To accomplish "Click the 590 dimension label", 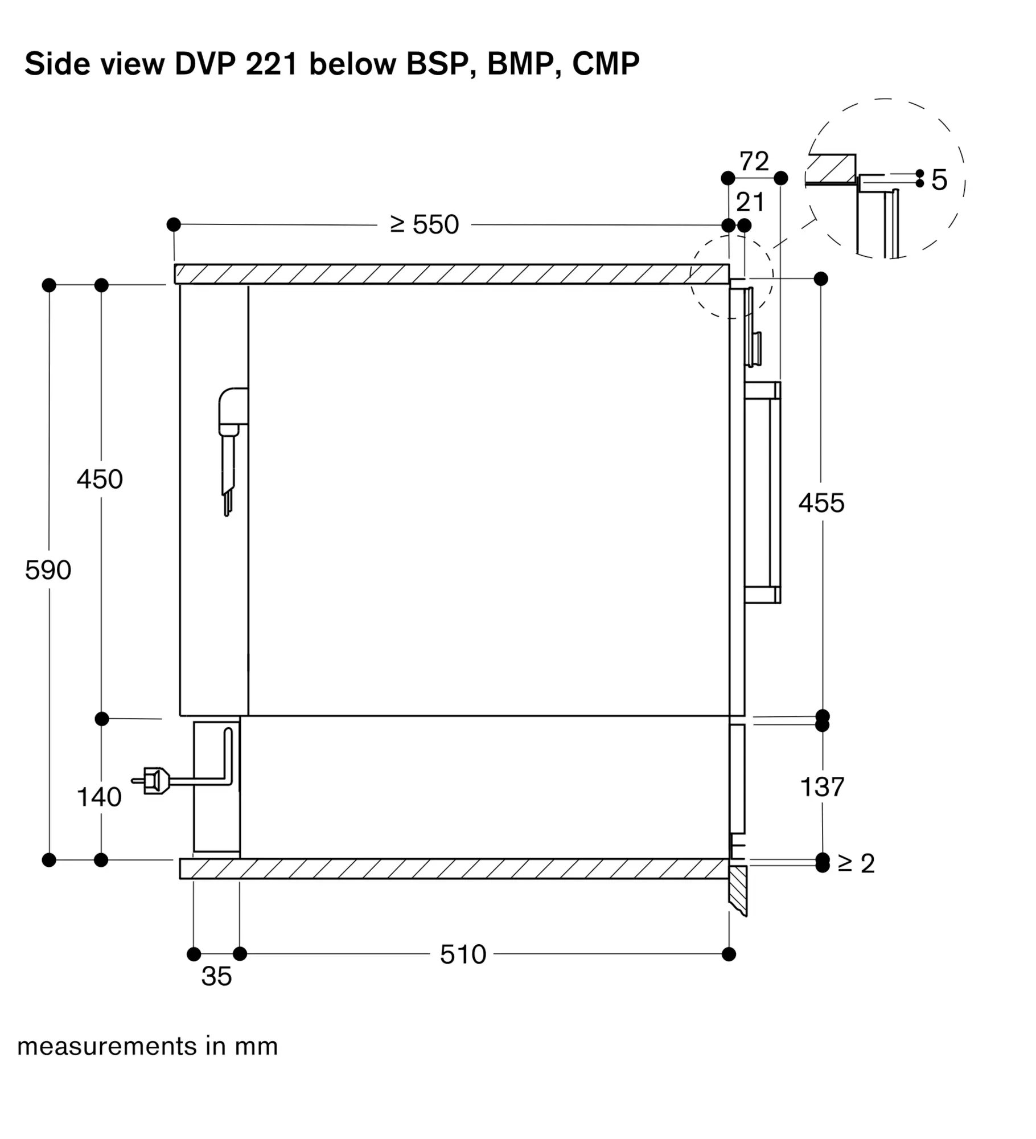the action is (x=48, y=570).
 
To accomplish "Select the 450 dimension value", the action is (x=100, y=480).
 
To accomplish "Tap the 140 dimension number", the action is (x=99, y=797).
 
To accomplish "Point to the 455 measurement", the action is (x=821, y=503).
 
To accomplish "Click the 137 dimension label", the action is (x=823, y=787).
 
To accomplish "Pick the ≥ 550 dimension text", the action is (x=425, y=224).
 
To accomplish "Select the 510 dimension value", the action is (x=463, y=954).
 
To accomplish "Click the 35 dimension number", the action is (x=216, y=976).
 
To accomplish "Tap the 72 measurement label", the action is (x=754, y=161).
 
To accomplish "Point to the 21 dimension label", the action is (x=750, y=202).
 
